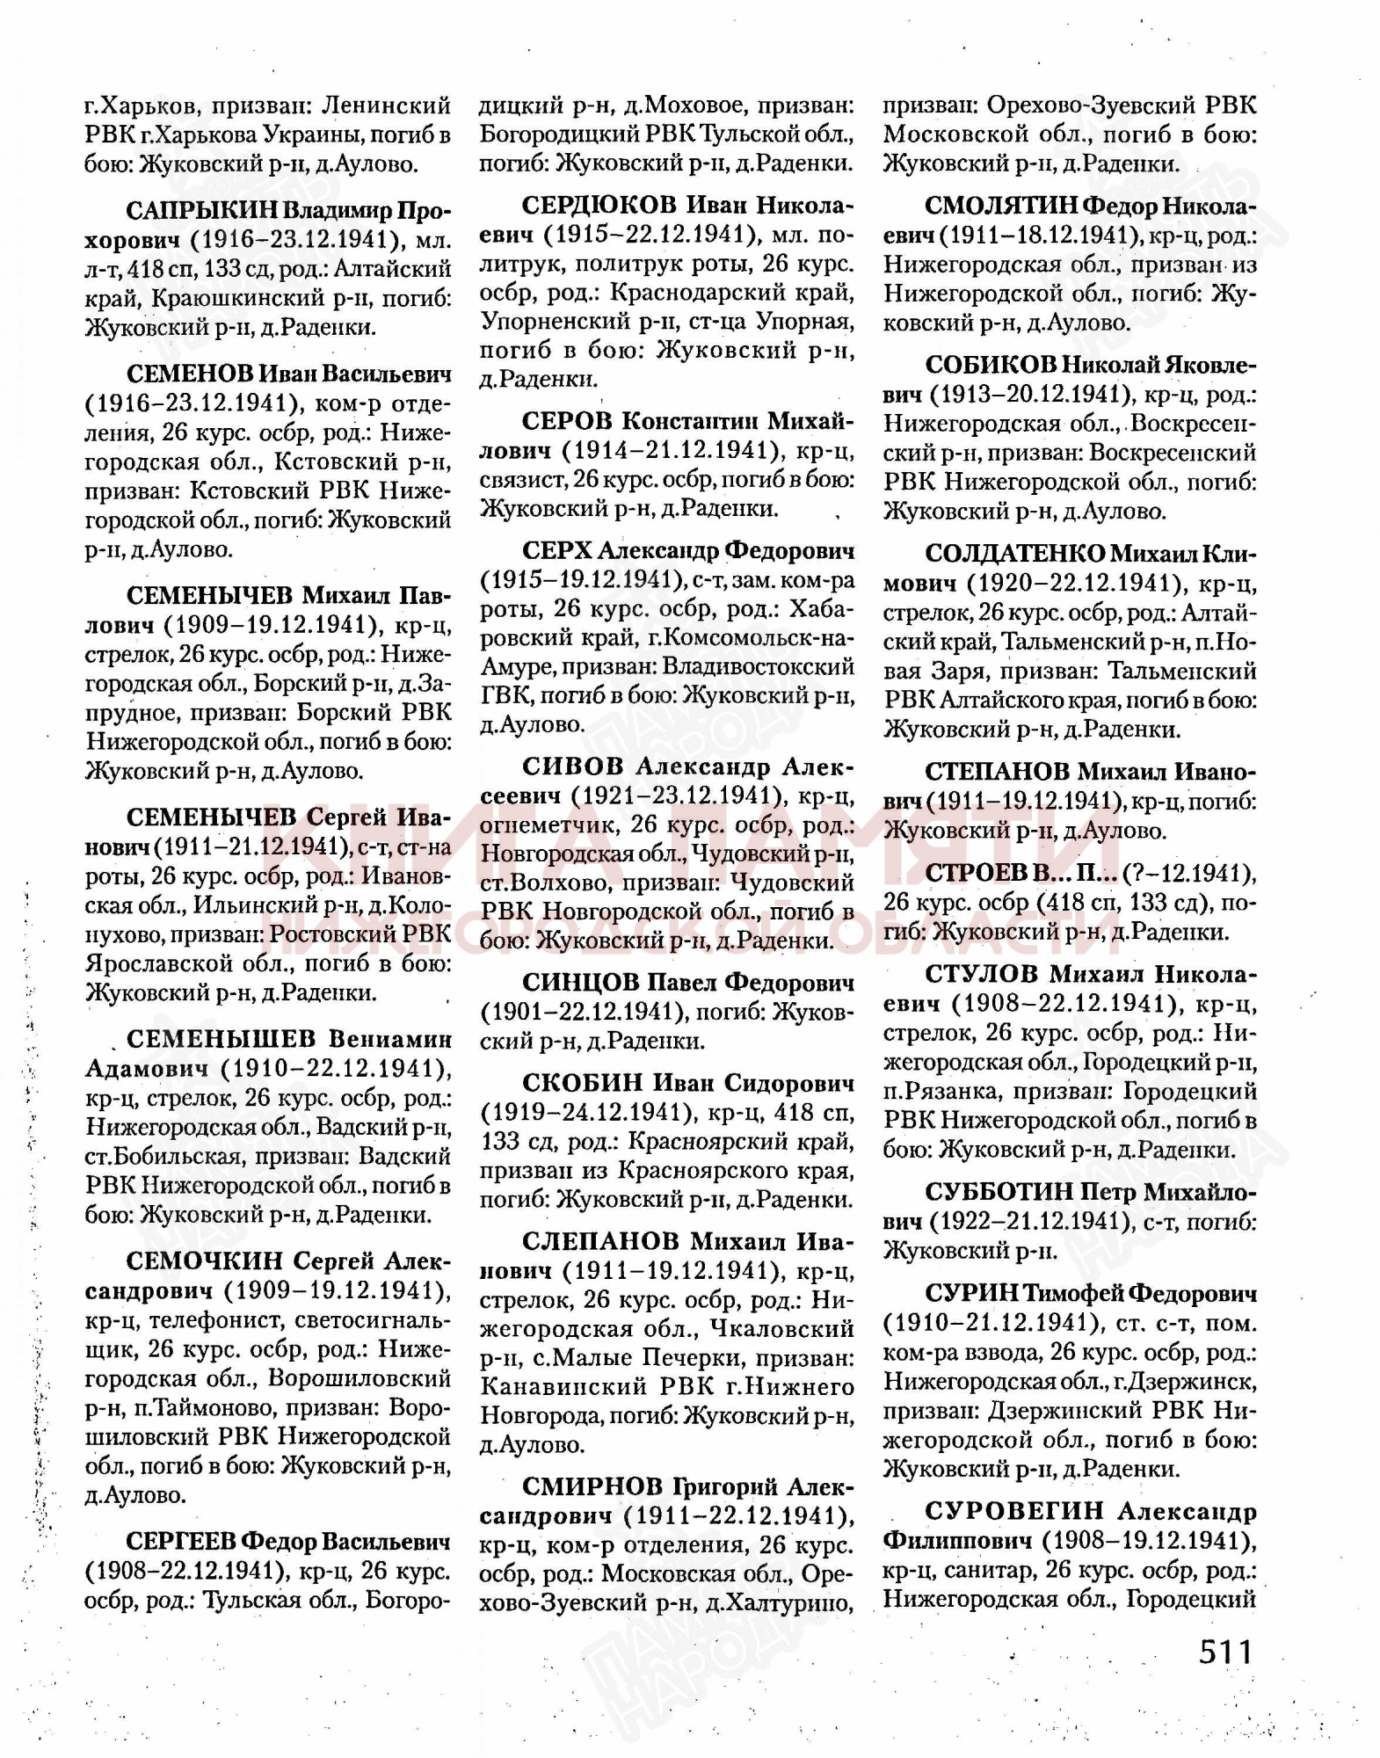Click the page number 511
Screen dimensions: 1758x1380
pyautogui.click(x=1224, y=1652)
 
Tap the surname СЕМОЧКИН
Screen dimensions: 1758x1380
pyautogui.click(x=205, y=1261)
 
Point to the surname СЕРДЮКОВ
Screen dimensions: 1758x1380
pyautogui.click(x=598, y=206)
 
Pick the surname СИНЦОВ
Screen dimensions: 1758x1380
pyautogui.click(x=580, y=982)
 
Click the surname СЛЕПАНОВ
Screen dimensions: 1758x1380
pyautogui.click(x=600, y=1241)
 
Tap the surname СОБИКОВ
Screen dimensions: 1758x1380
pyautogui.click(x=991, y=364)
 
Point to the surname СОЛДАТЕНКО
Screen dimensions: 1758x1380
pyautogui.click(x=1014, y=555)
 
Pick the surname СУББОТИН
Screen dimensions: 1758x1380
pyautogui.click(x=999, y=1192)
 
